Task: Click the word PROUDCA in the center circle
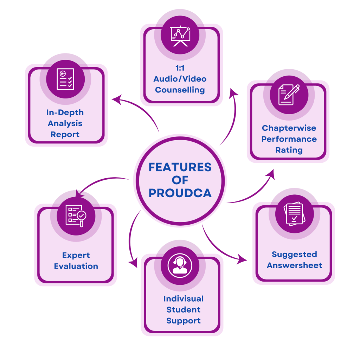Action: tap(180, 193)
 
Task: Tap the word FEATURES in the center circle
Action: tap(180, 167)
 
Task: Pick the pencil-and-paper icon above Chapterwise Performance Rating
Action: tap(289, 94)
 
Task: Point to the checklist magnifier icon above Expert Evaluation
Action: tap(76, 215)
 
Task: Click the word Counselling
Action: tap(180, 90)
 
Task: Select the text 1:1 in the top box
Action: tap(180, 68)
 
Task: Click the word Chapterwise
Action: tap(289, 128)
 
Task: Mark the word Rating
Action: tap(289, 150)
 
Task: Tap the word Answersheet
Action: tap(294, 265)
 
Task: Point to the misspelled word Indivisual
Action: tap(184, 299)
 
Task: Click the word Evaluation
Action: tap(76, 266)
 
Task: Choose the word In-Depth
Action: tap(65, 112)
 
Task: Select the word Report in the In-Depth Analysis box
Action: tap(65, 134)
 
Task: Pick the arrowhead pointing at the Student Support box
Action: tap(133, 263)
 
